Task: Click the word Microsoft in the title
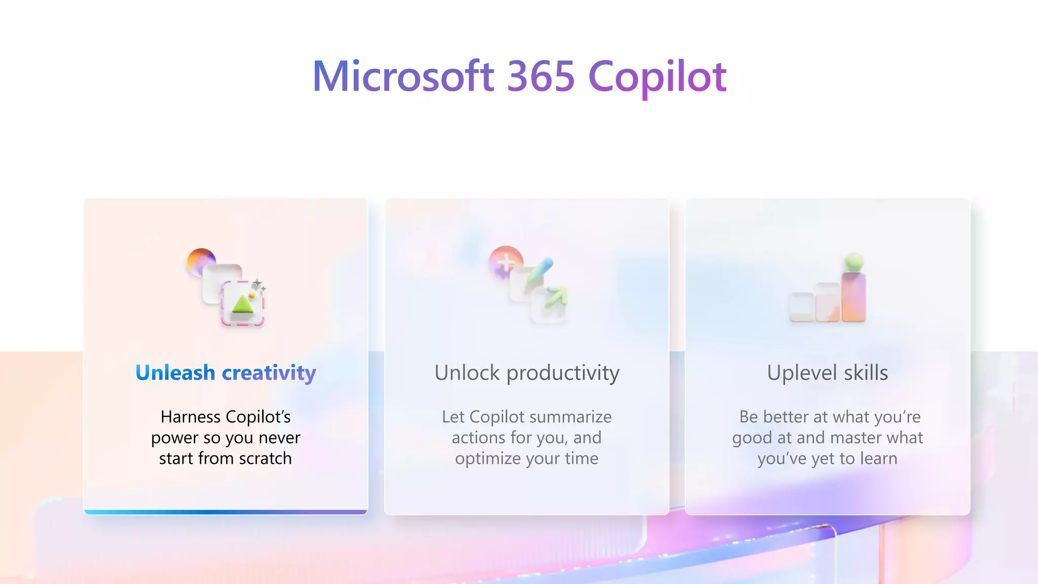(403, 77)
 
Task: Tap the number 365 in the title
(541, 77)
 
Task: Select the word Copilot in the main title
(657, 77)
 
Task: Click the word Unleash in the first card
(175, 373)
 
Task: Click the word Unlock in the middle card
(467, 373)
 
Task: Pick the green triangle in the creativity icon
(243, 304)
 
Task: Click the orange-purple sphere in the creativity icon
(201, 261)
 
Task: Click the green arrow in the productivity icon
(555, 297)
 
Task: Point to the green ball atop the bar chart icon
(854, 262)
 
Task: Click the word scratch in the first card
(265, 458)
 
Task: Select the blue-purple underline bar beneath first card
(226, 512)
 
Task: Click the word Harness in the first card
(191, 417)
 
